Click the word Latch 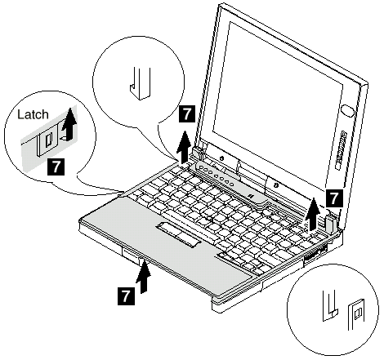pos(33,114)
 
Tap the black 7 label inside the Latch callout pos(56,167)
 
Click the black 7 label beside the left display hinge pos(187,114)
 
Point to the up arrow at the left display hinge pos(185,147)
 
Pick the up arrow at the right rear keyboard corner pos(313,214)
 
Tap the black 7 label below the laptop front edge pos(126,296)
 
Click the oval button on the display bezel pos(348,111)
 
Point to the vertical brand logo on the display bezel pos(340,150)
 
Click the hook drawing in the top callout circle pos(140,83)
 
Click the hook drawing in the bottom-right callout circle pos(329,306)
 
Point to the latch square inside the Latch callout pos(47,141)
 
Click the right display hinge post pos(330,221)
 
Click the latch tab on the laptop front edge pos(132,256)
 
